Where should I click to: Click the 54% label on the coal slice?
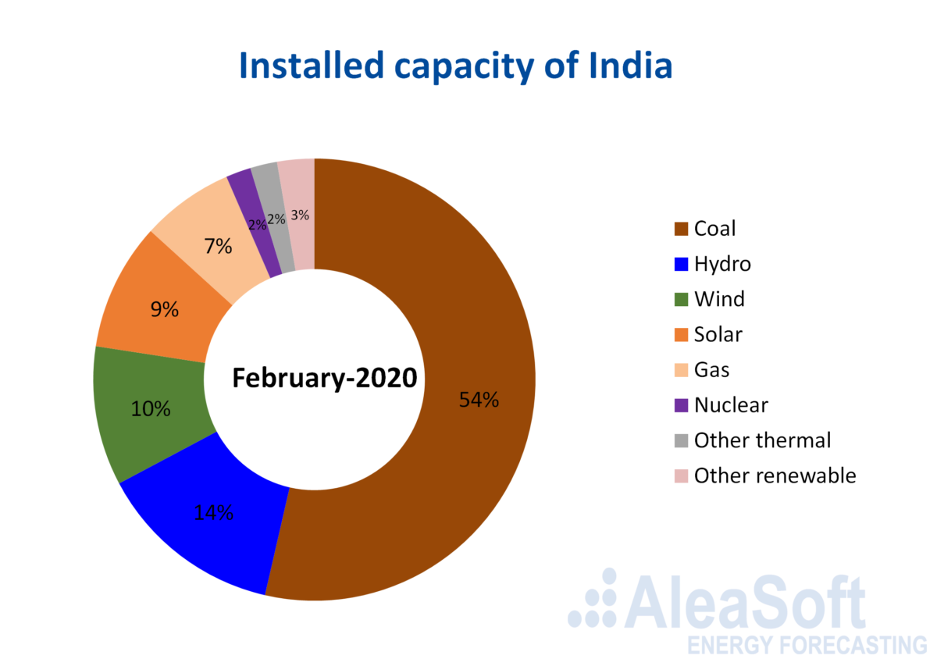click(479, 399)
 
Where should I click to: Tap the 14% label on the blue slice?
click(213, 512)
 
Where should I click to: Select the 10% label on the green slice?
click(151, 408)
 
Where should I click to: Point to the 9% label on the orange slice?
click(165, 309)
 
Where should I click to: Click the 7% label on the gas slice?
click(218, 246)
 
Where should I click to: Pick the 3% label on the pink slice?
click(300, 215)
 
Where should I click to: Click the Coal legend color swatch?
click(681, 229)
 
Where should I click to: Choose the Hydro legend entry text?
click(722, 265)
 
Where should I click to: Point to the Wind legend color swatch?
click(681, 300)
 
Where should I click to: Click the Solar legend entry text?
click(718, 334)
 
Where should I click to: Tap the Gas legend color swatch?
click(681, 370)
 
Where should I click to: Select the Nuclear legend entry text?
click(731, 405)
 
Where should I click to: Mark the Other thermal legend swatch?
click(681, 440)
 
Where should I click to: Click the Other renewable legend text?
click(775, 476)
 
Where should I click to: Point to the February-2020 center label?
click(325, 378)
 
